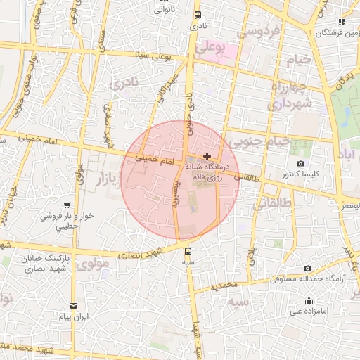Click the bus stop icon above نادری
point(197,15)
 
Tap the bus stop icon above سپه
point(188,251)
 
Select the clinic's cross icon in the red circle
point(206,155)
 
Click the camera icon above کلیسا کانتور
point(301,164)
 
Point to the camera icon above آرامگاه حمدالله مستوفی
point(308,268)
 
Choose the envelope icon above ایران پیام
point(74,305)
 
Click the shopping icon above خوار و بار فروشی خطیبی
point(66,205)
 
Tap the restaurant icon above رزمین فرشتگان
point(342,22)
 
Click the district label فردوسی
point(258,32)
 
